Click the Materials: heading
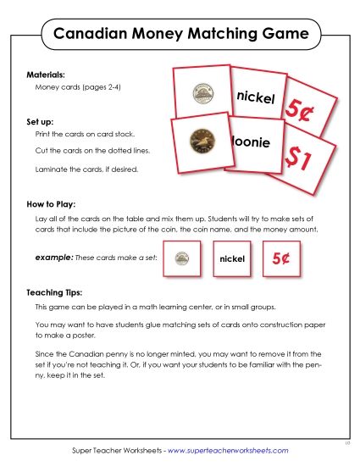point(46,75)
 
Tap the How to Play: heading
point(52,205)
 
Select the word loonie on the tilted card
point(252,143)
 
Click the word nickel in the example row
point(231,258)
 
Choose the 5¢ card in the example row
point(281,258)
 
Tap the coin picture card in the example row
point(181,258)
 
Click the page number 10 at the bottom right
point(348,442)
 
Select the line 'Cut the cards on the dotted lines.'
point(89,151)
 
